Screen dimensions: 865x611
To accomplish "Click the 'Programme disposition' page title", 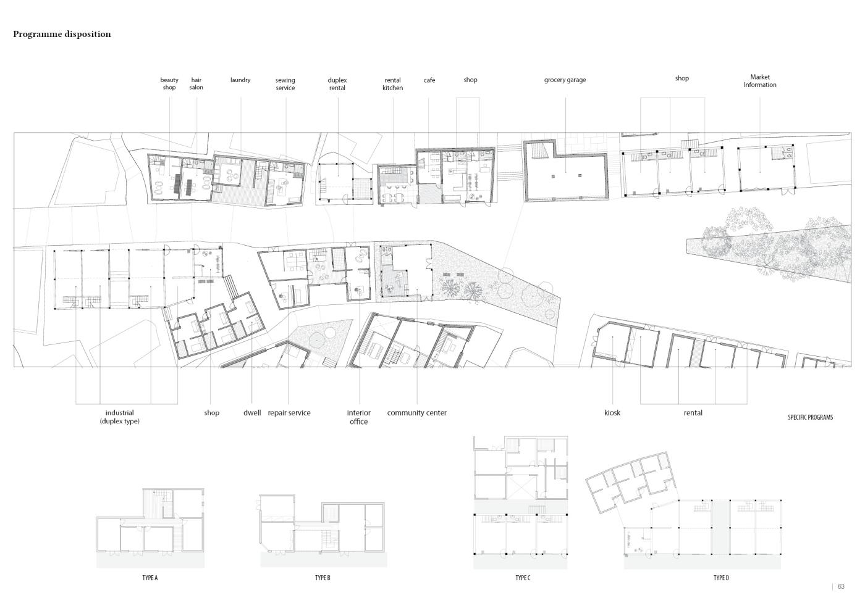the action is (x=62, y=35).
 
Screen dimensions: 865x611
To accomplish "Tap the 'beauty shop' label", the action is (x=169, y=84).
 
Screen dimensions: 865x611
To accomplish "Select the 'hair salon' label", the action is (x=196, y=84).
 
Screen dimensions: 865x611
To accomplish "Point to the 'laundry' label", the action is (x=240, y=80).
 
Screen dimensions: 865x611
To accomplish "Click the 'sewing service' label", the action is (x=285, y=84).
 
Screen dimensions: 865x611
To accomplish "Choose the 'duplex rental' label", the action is (x=337, y=84).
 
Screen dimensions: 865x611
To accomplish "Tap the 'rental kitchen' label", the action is (x=393, y=84).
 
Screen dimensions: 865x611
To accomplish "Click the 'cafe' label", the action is (x=429, y=80).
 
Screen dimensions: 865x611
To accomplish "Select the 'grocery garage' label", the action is (x=565, y=80).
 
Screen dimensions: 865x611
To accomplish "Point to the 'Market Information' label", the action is (x=760, y=81).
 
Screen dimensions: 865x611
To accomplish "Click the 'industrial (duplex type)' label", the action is (x=120, y=417).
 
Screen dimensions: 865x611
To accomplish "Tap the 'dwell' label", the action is (x=252, y=413).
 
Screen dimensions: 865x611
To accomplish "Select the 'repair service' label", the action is (x=289, y=413).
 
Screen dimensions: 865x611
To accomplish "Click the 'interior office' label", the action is (x=359, y=417).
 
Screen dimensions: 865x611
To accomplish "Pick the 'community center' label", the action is (x=416, y=413).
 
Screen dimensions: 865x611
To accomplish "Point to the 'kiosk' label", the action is (x=612, y=413).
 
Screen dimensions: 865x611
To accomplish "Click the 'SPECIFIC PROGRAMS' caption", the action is (x=811, y=417).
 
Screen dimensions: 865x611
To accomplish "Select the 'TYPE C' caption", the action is (x=523, y=578).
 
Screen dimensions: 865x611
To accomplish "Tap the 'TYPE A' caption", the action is (x=150, y=578).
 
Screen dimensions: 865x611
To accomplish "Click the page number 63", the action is (x=841, y=587).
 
